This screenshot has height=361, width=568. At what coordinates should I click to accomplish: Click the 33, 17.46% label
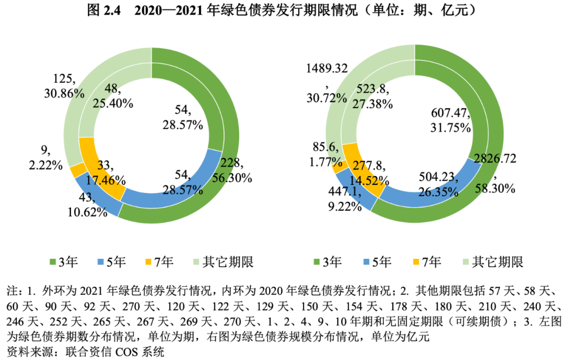click(x=109, y=172)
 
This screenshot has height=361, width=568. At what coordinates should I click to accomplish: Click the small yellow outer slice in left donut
click(x=78, y=170)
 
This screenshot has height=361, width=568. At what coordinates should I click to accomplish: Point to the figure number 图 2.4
click(x=104, y=9)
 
